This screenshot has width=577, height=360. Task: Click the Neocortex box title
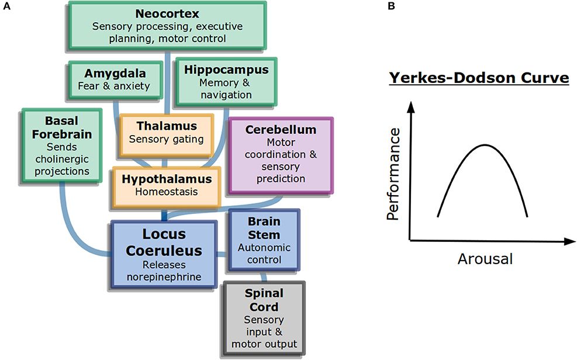tap(168, 12)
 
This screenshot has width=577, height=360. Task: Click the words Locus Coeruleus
tap(165, 243)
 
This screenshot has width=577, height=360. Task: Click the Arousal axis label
tap(485, 258)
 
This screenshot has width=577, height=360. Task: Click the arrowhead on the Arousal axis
tap(569, 240)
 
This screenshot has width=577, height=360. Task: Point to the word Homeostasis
tap(167, 192)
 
